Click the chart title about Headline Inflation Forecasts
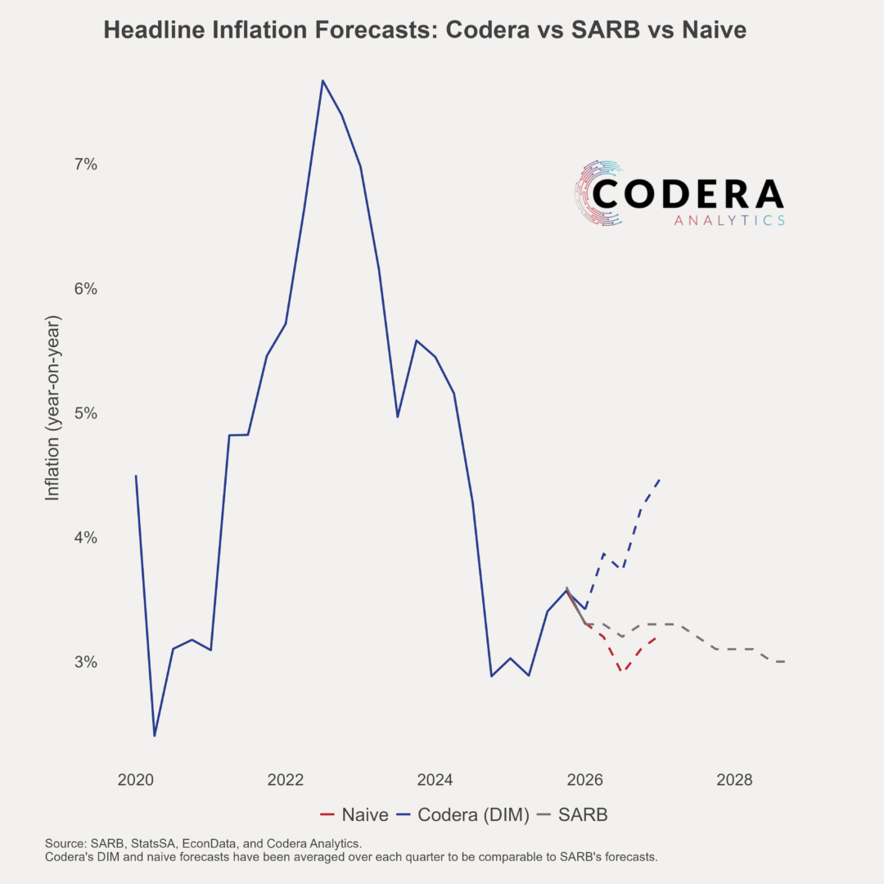click(x=425, y=31)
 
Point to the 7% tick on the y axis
click(x=86, y=165)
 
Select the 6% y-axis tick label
click(x=86, y=289)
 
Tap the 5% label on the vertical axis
click(x=86, y=413)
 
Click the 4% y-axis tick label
click(x=86, y=538)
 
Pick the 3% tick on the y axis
click(x=86, y=662)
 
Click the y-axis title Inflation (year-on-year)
click(x=52, y=406)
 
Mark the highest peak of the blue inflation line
click(x=322, y=80)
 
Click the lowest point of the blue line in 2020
click(x=155, y=735)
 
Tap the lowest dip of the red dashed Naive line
click(x=622, y=671)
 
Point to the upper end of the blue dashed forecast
click(x=660, y=480)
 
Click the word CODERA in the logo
click(x=688, y=194)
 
